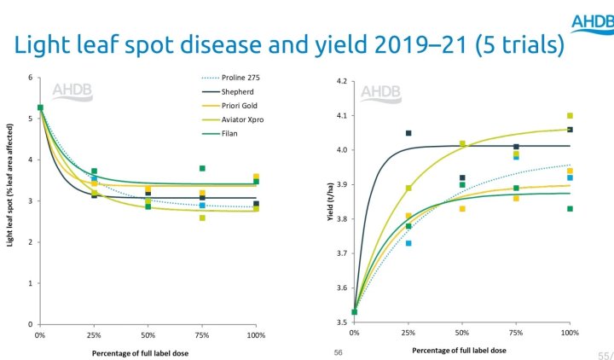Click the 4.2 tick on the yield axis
click(x=341, y=82)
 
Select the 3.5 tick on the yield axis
click(x=341, y=322)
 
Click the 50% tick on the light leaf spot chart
click(x=148, y=334)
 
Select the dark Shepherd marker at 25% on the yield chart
click(x=408, y=133)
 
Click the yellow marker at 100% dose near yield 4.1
click(x=570, y=116)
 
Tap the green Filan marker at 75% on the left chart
click(x=202, y=168)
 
